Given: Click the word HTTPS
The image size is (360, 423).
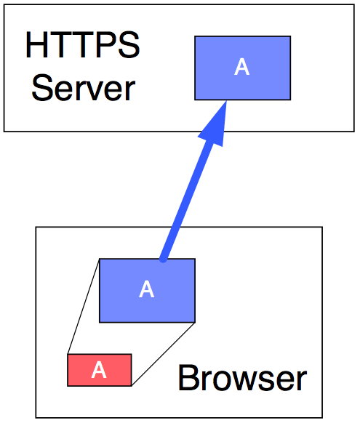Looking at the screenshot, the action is [83, 45].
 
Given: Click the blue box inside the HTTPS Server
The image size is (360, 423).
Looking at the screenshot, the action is [243, 68].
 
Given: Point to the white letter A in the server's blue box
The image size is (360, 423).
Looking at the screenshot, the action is [241, 67].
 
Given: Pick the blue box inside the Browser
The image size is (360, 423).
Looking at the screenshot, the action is [147, 291].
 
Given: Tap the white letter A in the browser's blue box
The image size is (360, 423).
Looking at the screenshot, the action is [146, 289].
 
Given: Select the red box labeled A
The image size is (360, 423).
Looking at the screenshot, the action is [100, 370].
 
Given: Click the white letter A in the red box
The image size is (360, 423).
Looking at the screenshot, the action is [99, 370].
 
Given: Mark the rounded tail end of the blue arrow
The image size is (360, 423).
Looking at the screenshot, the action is [163, 259].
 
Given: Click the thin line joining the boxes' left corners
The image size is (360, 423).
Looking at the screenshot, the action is [84, 306].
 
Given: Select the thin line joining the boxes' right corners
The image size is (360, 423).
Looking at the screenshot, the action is [163, 354].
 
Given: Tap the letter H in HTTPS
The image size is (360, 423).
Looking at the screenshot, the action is [36, 45].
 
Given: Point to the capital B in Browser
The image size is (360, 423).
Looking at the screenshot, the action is [188, 377].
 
